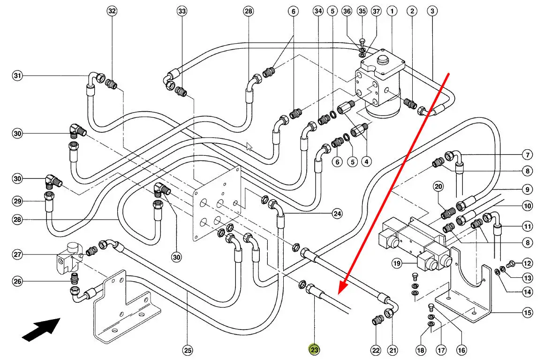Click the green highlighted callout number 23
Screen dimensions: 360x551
[314, 349]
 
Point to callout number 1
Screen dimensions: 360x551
[392, 11]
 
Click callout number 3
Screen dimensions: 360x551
[432, 11]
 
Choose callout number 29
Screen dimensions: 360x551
[18, 201]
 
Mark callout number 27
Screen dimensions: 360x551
[18, 255]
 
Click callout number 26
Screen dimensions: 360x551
[18, 282]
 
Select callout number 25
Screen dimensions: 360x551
[188, 349]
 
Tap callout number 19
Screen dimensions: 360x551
[397, 263]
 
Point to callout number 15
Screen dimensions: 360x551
[528, 312]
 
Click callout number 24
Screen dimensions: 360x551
[337, 214]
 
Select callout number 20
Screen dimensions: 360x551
[438, 187]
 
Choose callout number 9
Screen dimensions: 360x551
[528, 190]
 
